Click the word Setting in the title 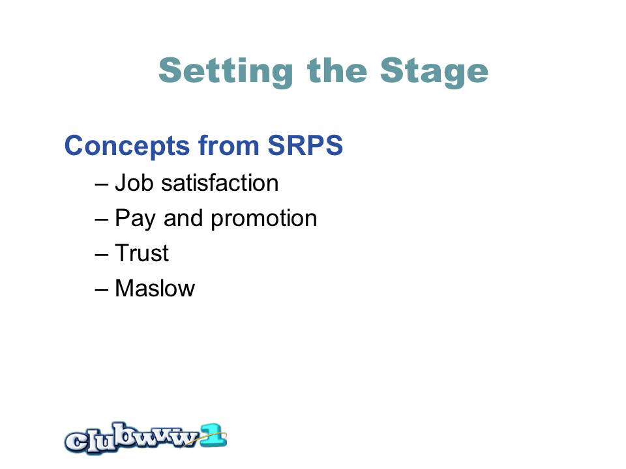click(x=226, y=72)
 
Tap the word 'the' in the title click(x=337, y=70)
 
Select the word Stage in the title click(x=434, y=72)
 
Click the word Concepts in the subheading click(x=127, y=146)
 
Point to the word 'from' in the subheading click(x=229, y=145)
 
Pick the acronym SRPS click(x=305, y=145)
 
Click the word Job click(x=134, y=182)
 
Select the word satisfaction click(x=220, y=182)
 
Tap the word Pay click(x=135, y=220)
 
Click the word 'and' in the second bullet click(x=183, y=218)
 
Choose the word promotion click(x=264, y=220)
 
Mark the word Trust click(x=142, y=253)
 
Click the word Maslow click(x=155, y=288)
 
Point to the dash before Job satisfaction click(x=102, y=185)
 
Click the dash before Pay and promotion click(x=102, y=220)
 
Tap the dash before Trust click(x=102, y=255)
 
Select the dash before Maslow click(x=102, y=290)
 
